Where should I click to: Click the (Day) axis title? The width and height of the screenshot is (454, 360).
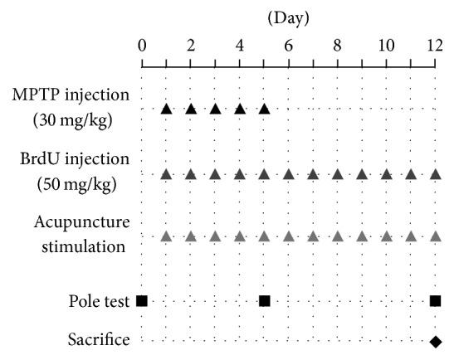(289, 17)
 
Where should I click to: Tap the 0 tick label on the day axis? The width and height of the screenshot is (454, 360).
(142, 46)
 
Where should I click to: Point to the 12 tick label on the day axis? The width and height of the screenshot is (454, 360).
(435, 46)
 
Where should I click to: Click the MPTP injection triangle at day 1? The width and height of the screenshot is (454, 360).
(166, 109)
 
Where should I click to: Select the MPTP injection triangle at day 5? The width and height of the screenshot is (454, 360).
(264, 109)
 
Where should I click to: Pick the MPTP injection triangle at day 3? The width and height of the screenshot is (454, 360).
(215, 109)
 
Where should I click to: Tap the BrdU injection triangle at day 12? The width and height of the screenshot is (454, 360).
(435, 174)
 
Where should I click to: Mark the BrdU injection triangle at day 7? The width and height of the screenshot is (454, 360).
(313, 174)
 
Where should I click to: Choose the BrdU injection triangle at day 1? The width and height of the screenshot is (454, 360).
(166, 174)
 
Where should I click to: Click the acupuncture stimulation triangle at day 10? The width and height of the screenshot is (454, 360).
(386, 236)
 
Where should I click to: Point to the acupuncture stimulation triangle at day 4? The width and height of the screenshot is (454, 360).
(240, 236)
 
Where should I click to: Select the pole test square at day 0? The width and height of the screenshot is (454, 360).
(142, 300)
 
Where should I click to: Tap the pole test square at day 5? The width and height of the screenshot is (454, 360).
(264, 300)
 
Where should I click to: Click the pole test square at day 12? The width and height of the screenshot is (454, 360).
(435, 300)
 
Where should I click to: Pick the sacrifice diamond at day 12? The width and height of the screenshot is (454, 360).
(435, 340)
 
